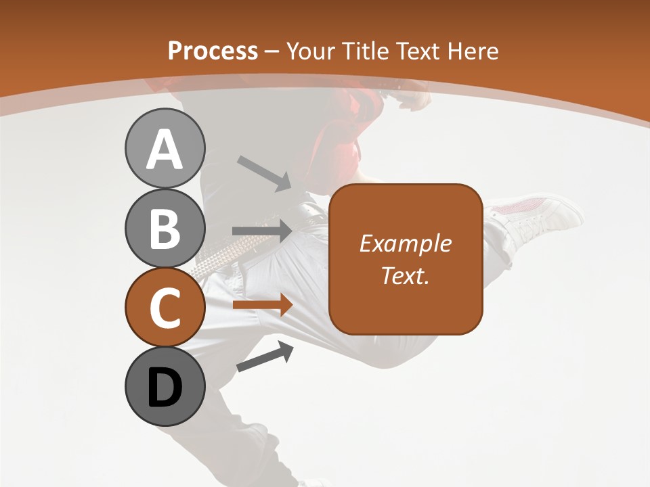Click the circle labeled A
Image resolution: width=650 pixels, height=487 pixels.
(x=165, y=148)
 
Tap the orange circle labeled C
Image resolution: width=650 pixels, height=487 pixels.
(x=165, y=307)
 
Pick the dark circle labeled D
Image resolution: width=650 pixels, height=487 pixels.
(x=165, y=386)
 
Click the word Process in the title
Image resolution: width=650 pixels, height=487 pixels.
(x=213, y=51)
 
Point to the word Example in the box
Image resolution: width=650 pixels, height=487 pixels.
(x=406, y=243)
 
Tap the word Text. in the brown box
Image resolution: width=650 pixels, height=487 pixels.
(x=406, y=275)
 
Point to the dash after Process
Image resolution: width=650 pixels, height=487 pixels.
(x=272, y=51)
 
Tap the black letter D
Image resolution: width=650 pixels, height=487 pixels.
(x=165, y=388)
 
